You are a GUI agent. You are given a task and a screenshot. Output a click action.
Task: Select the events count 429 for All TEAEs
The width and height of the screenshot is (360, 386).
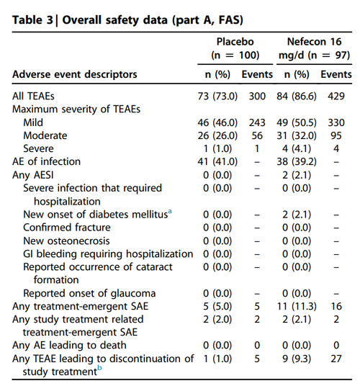click(335, 96)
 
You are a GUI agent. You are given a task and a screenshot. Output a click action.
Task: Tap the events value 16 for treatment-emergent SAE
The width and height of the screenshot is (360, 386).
click(335, 306)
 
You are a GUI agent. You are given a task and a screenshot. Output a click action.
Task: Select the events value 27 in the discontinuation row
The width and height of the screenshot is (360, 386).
click(335, 358)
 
